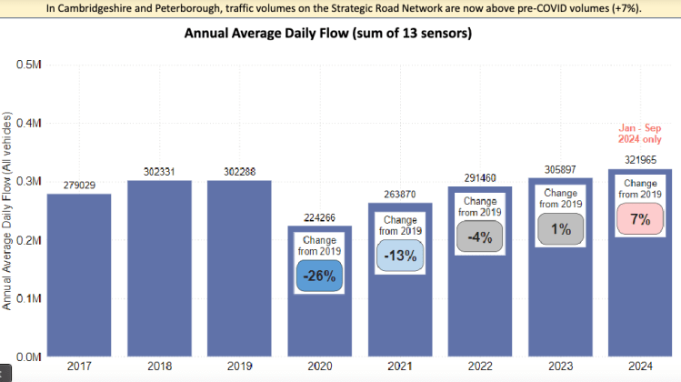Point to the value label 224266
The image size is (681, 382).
coord(319,216)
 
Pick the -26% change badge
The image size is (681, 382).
coord(319,276)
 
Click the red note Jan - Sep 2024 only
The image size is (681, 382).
coord(639,134)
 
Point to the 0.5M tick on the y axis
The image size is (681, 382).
coord(30,65)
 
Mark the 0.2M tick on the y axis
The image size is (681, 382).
coord(30,240)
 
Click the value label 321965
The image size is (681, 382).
coord(639,160)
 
